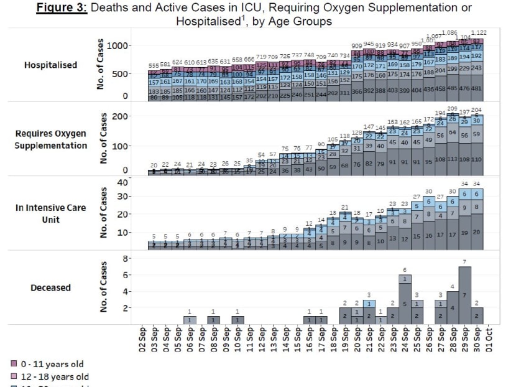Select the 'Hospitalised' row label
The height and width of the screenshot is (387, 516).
click(51, 65)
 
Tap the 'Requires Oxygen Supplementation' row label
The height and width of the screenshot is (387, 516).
click(51, 139)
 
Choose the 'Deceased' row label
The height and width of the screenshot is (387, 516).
click(51, 288)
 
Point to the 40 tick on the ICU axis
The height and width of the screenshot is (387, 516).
click(122, 182)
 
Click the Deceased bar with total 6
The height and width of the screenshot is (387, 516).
click(405, 299)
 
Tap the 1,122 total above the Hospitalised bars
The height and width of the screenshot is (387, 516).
click(479, 32)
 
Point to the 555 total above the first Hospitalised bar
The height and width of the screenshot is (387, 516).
click(154, 65)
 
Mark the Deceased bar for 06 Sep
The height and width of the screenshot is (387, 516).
click(190, 319)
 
